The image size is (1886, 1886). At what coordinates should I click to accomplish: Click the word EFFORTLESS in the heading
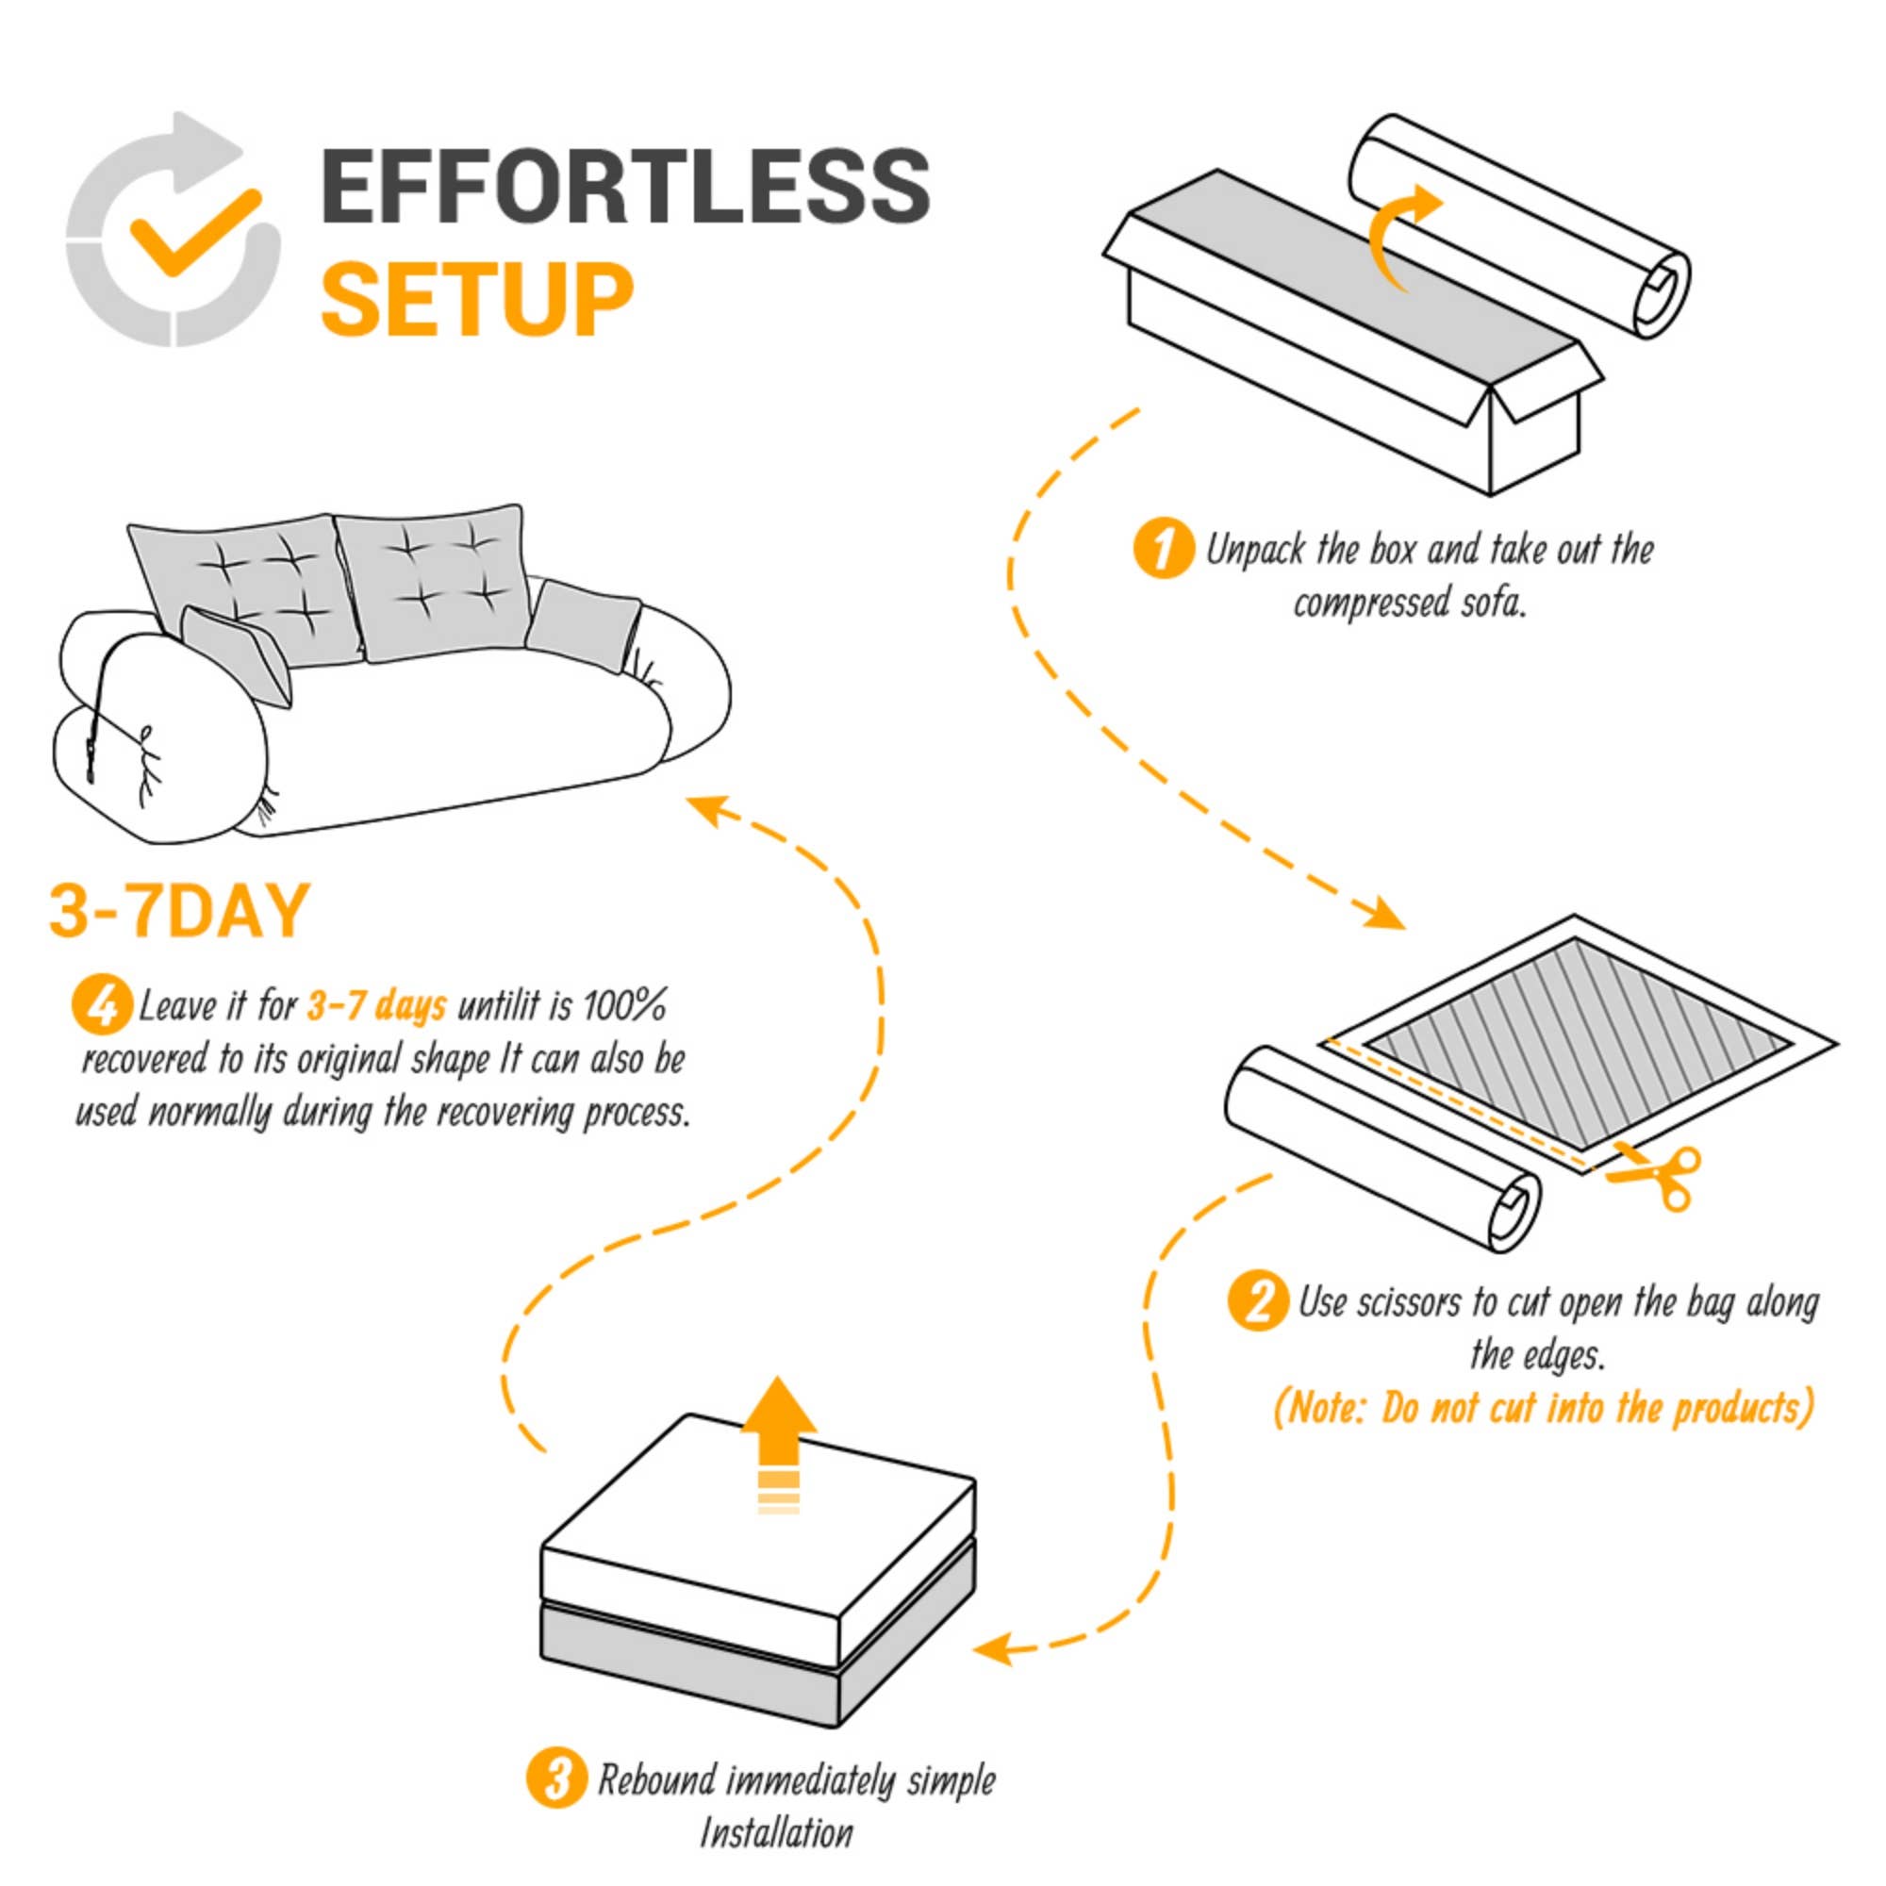point(625,186)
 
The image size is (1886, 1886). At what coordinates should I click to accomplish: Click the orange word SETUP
point(477,299)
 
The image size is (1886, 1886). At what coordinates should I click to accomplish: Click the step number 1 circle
point(1163,550)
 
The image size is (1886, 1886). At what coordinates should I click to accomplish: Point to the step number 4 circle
point(102,1006)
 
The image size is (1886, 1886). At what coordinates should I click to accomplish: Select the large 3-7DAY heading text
point(178,911)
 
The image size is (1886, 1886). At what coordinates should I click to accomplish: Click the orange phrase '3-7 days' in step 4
point(377,1005)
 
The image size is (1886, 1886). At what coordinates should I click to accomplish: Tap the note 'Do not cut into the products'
point(1544,1409)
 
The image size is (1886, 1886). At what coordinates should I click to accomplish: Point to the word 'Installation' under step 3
point(776,1833)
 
